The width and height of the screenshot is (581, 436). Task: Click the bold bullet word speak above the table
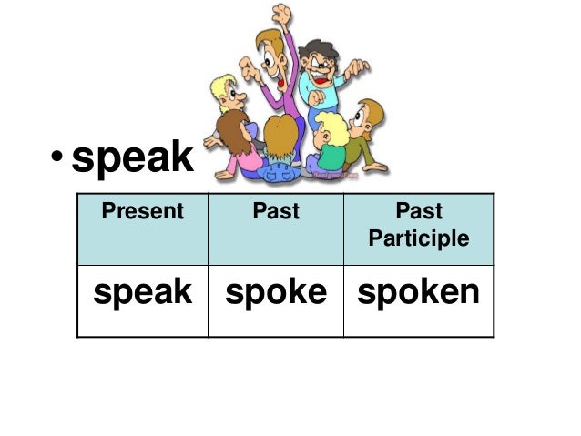pyautogui.click(x=132, y=158)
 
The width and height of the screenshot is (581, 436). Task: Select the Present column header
pyautogui.click(x=142, y=212)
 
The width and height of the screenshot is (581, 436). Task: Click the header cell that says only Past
pyautogui.click(x=275, y=212)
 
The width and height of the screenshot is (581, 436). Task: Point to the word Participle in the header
pyautogui.click(x=419, y=238)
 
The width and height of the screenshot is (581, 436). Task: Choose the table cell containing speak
pyautogui.click(x=142, y=291)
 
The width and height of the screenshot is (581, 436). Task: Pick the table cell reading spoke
pyautogui.click(x=275, y=291)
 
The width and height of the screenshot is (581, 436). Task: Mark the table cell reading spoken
pyautogui.click(x=418, y=291)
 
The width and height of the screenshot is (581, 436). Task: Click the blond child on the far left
pyautogui.click(x=224, y=96)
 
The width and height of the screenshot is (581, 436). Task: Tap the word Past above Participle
pyautogui.click(x=419, y=212)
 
